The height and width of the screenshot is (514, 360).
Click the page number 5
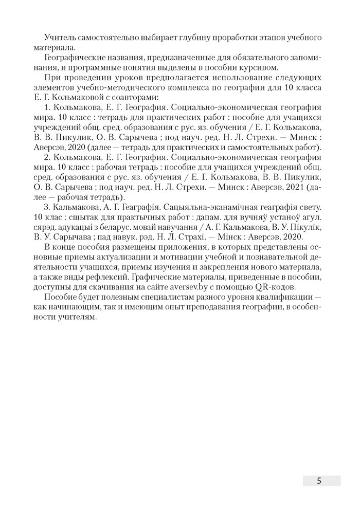tap(320, 481)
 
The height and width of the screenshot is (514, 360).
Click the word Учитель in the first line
tap(60, 38)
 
